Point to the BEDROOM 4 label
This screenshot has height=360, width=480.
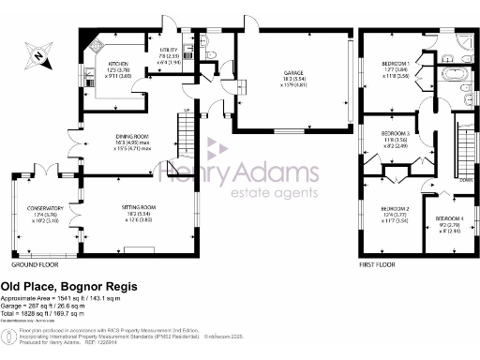point(446,218)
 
